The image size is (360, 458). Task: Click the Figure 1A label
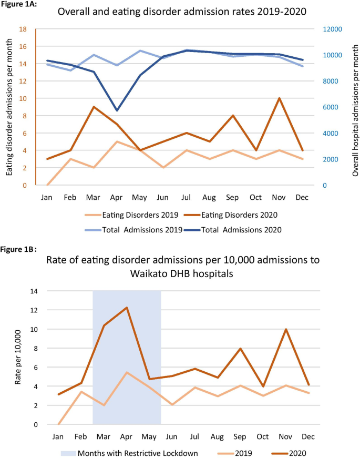click(18, 5)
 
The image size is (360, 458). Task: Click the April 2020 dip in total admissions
click(117, 110)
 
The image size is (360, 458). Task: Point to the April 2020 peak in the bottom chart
click(127, 308)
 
